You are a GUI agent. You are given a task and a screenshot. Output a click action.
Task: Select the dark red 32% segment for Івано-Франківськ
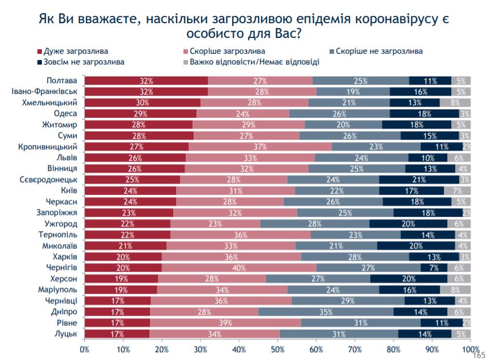pos(147,91)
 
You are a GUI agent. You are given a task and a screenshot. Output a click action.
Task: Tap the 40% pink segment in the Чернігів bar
pos(239,268)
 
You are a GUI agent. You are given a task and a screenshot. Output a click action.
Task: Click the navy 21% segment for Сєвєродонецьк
pos(419,179)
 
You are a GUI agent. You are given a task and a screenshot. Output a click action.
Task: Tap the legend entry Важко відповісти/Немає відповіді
pos(255,62)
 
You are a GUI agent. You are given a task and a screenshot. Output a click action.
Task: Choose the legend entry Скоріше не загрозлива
pos(379,51)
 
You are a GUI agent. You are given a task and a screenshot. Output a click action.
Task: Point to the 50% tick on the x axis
pos(278,349)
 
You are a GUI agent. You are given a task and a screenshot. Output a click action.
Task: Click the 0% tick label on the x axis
pos(85,349)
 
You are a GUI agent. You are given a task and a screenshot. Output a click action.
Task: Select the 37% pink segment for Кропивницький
pos(259,147)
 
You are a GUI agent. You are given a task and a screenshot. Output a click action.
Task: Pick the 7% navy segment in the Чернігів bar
pos(434,268)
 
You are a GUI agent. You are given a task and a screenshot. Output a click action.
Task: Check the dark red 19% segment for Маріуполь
pos(121,289)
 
